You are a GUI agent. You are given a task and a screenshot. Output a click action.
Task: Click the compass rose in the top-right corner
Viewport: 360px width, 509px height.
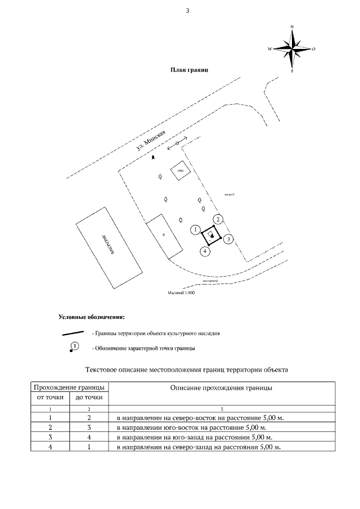click(x=292, y=49)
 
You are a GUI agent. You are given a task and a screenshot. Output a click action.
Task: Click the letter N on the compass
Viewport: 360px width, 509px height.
click(x=292, y=26)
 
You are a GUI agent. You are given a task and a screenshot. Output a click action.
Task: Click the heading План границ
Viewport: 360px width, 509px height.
click(x=190, y=70)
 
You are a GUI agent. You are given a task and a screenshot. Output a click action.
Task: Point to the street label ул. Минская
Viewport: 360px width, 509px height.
click(x=153, y=139)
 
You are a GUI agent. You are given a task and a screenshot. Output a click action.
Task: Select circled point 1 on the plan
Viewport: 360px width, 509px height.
click(x=195, y=229)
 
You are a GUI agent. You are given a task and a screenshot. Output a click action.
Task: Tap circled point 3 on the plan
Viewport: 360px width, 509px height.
click(x=228, y=239)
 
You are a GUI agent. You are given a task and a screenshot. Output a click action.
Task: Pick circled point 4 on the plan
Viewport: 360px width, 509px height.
click(x=206, y=251)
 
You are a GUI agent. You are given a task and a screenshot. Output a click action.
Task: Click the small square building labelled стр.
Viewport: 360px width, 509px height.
click(x=181, y=170)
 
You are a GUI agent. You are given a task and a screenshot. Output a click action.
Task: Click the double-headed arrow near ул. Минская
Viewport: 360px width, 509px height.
click(x=177, y=144)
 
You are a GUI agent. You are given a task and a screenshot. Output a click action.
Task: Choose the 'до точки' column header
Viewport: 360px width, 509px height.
click(x=89, y=398)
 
